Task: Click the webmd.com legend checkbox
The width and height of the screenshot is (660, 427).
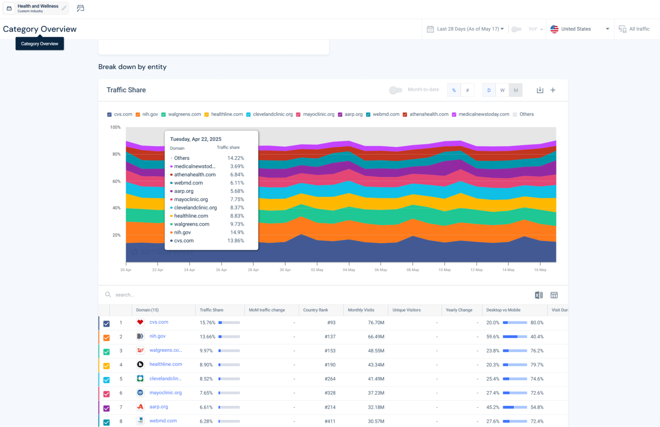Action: click(x=368, y=114)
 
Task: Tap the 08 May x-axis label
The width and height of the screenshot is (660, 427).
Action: click(x=412, y=270)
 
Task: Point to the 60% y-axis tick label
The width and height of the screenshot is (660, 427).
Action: click(x=116, y=181)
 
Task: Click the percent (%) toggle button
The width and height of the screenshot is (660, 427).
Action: click(x=454, y=90)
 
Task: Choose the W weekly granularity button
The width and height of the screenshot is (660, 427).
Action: click(x=502, y=90)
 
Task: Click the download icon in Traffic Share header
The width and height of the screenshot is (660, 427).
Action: click(x=540, y=90)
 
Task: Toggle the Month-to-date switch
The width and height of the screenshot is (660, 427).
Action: click(x=396, y=90)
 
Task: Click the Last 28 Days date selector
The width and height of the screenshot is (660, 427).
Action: click(x=466, y=29)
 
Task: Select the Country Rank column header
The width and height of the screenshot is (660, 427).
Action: click(x=315, y=310)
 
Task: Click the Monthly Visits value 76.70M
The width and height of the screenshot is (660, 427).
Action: click(x=376, y=323)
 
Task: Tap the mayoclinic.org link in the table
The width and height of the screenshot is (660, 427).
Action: click(x=165, y=393)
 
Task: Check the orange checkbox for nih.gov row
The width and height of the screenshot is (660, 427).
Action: click(x=106, y=338)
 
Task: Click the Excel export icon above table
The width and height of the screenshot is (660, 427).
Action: click(x=538, y=295)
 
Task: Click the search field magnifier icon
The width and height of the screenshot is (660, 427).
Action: click(x=108, y=294)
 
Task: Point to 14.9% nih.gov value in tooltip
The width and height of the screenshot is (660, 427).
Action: click(x=237, y=232)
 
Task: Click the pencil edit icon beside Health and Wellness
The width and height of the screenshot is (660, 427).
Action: click(x=64, y=8)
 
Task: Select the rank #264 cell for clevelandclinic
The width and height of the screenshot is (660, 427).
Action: click(x=330, y=379)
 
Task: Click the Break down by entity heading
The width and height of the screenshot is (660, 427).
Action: click(x=132, y=67)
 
